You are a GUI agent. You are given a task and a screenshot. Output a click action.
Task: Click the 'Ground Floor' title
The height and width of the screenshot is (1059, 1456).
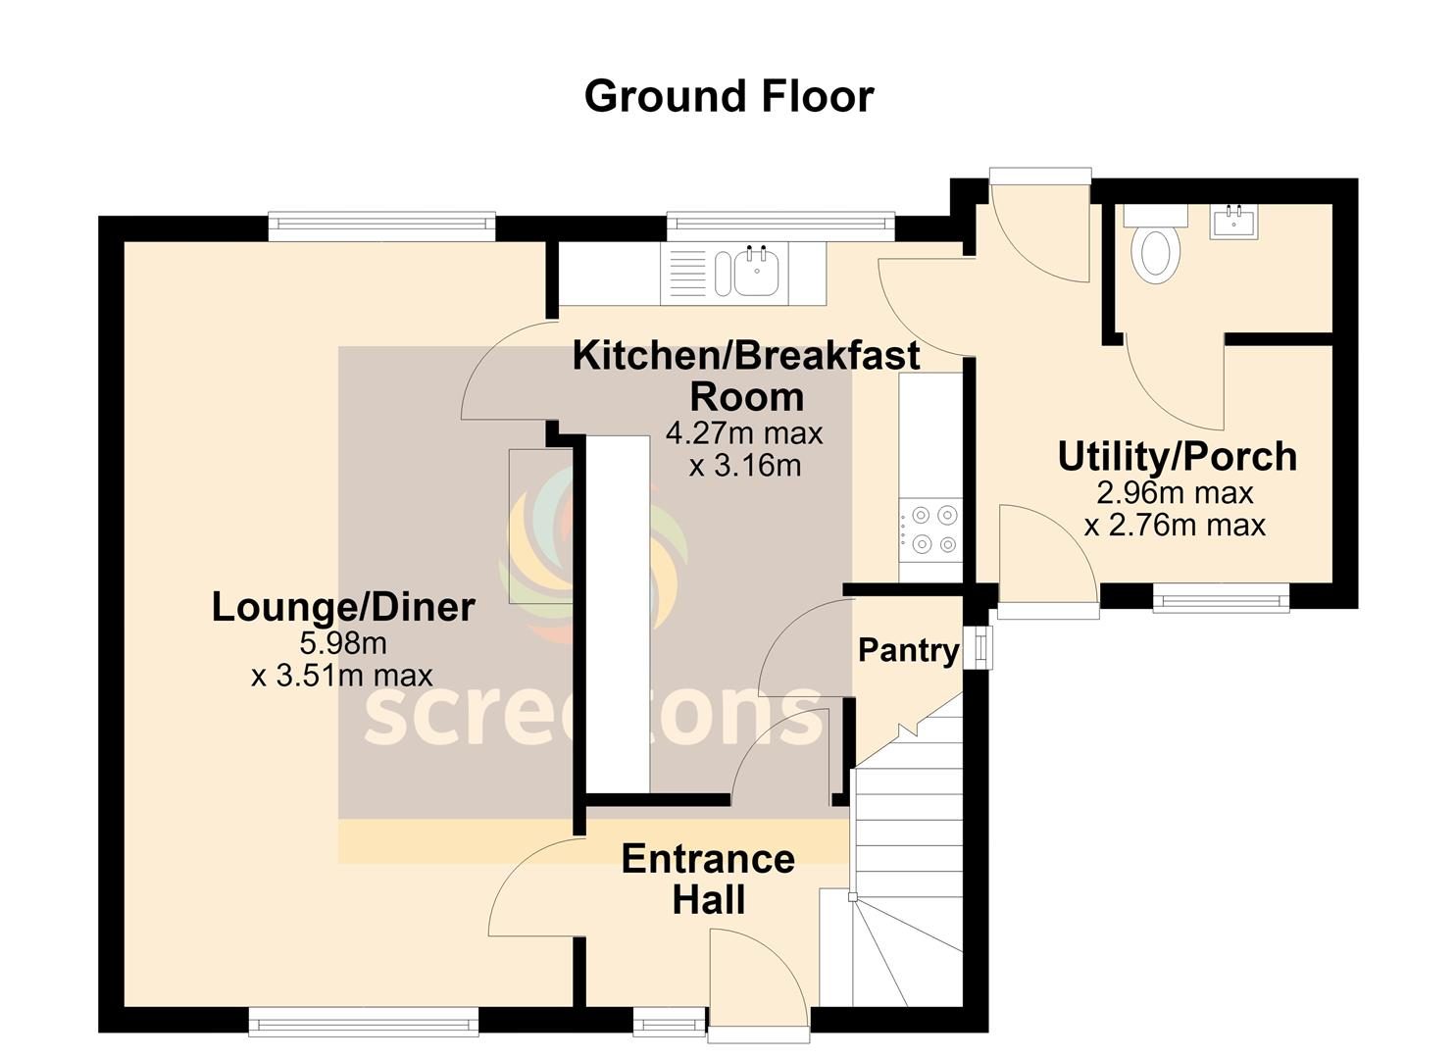(728, 97)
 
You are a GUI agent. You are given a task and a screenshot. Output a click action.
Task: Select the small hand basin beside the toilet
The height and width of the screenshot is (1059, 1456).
(1233, 222)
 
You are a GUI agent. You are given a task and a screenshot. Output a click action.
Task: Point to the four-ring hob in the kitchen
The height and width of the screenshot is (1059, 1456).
(930, 529)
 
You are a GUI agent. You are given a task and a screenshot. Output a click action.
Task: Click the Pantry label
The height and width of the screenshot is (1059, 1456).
(908, 650)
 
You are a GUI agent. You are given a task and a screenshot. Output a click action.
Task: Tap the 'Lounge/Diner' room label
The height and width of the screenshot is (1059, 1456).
(343, 608)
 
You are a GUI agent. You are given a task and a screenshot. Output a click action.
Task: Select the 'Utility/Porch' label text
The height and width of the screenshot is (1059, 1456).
(1178, 456)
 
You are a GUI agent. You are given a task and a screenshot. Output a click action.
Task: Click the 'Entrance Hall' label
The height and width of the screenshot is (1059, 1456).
(709, 879)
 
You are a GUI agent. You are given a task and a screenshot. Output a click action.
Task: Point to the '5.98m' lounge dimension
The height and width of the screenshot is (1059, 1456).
(343, 643)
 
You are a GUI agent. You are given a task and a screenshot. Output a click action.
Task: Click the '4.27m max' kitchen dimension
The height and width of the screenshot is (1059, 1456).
(744, 433)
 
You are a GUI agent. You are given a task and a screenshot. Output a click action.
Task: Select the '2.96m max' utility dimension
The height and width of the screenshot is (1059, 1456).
(1175, 493)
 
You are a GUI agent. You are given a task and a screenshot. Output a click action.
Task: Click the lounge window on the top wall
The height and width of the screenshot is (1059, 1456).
(382, 224)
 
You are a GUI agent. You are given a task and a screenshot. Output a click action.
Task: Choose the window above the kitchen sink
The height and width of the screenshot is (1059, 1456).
(780, 224)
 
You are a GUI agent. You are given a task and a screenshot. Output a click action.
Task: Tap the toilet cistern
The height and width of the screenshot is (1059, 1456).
(1155, 215)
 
